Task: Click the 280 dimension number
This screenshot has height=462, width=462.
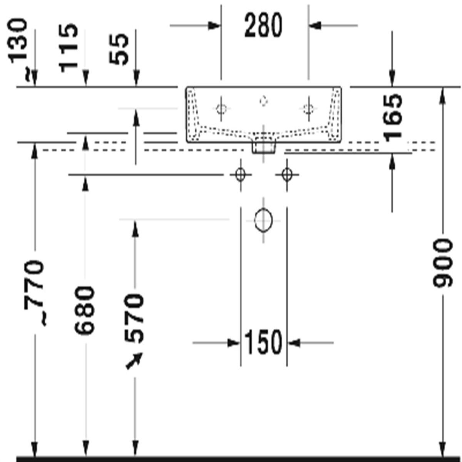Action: pos(263,25)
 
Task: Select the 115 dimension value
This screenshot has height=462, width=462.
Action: pos(69,48)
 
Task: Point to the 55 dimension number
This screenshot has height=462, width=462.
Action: pos(119,49)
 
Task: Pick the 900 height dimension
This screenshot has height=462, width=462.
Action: pos(443,263)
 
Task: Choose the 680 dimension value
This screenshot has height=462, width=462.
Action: pos(84,310)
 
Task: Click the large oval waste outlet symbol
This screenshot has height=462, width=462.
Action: pos(263,220)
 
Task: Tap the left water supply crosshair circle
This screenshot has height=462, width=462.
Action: pos(241,174)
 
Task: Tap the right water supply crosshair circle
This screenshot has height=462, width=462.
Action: pos(287,174)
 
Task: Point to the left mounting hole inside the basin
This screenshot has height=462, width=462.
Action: pos(221,109)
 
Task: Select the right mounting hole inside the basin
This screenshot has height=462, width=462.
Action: pos(308,109)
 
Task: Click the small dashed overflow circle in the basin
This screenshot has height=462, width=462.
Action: pos(264,100)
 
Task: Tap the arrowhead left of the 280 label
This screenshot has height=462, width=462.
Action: pos(214,25)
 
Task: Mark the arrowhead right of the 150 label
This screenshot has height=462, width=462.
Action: pos(294,343)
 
